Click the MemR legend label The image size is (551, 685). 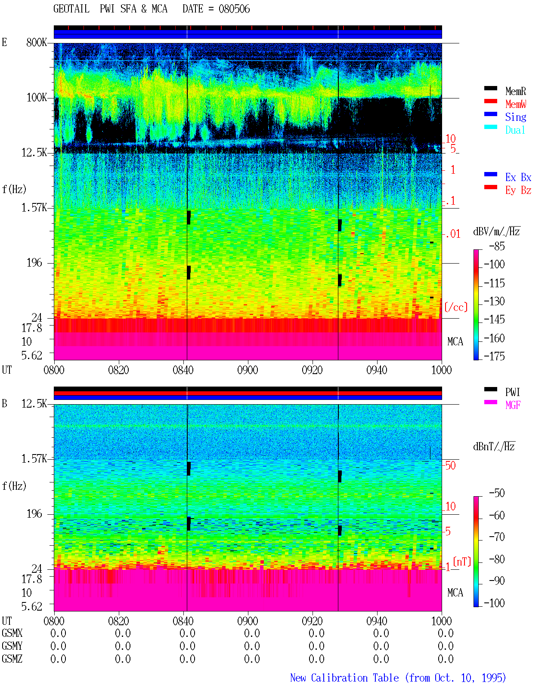[x=515, y=91]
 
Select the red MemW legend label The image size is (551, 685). [x=516, y=104]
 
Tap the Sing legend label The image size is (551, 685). [x=515, y=117]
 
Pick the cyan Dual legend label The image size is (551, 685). [x=515, y=130]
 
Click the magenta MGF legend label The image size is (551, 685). [x=513, y=405]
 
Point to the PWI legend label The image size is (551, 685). [x=512, y=392]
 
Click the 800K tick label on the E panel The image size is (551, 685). [x=37, y=42]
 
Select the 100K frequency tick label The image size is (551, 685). [x=37, y=98]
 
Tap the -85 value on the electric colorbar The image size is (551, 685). [x=497, y=246]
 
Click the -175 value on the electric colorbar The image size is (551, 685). [x=494, y=356]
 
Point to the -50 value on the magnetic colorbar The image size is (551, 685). [x=497, y=493]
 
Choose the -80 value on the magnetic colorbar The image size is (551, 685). [x=497, y=559]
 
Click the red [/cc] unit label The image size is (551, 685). [x=456, y=307]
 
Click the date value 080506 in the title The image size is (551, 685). [x=234, y=9]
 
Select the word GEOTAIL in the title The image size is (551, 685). [x=71, y=9]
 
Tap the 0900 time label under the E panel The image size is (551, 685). [x=248, y=370]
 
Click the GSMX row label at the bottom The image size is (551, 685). [x=12, y=633]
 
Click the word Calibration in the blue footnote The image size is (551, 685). [x=355, y=678]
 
